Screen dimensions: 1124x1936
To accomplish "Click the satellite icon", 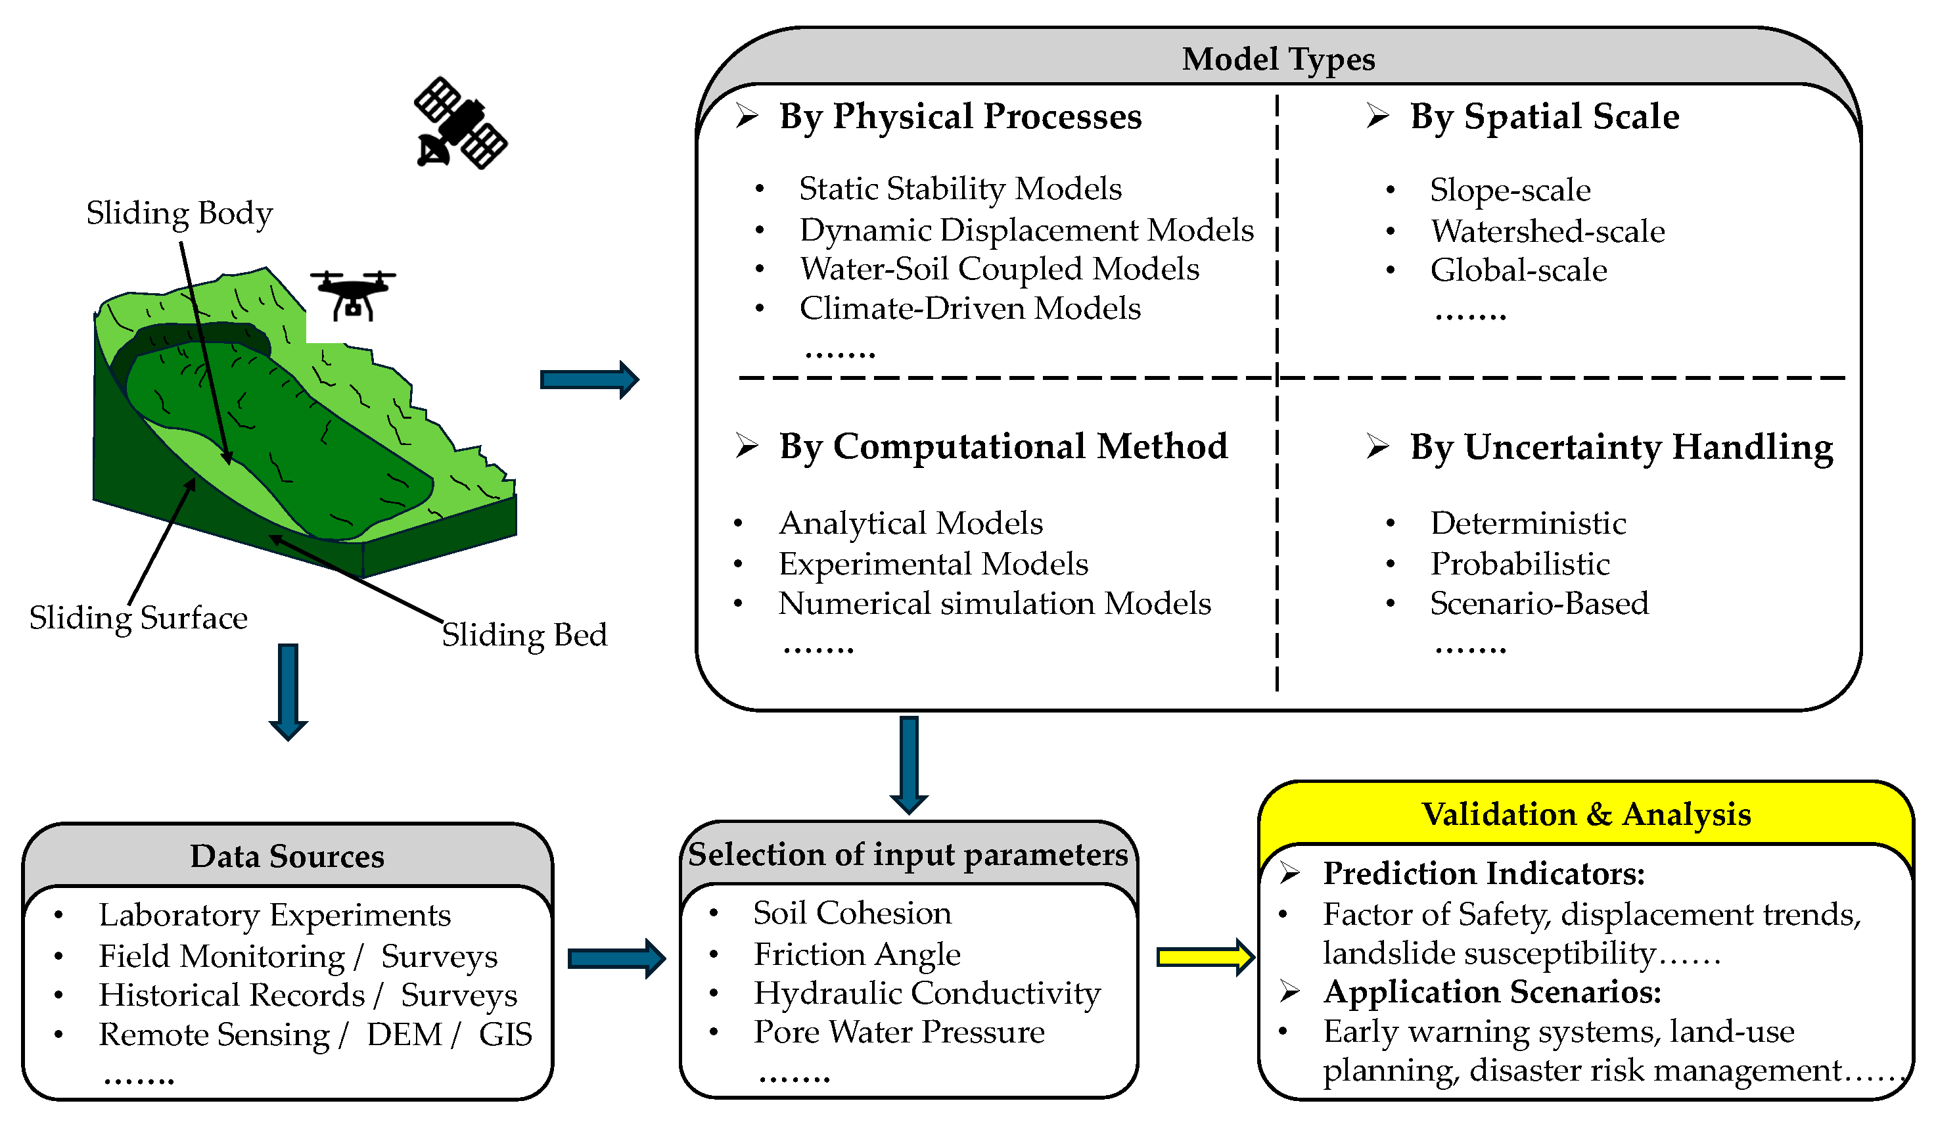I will click(x=460, y=123).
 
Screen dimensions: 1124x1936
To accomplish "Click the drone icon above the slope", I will click(x=353, y=294).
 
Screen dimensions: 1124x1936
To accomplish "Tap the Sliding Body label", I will click(x=179, y=213).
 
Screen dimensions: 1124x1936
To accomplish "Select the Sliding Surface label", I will click(x=138, y=618).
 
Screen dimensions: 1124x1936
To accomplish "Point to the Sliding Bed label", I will click(x=524, y=634).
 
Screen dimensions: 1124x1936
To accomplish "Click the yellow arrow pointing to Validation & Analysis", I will click(x=1205, y=956).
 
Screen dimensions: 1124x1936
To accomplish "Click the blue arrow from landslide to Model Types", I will click(x=588, y=379).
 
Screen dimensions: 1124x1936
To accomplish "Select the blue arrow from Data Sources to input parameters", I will click(x=615, y=958).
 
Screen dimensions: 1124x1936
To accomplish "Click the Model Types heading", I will click(x=1278, y=59).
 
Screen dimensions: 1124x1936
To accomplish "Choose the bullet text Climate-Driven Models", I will click(x=969, y=308).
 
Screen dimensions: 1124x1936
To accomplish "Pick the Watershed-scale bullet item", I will click(x=1547, y=231).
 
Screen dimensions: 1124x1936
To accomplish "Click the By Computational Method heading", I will click(x=1003, y=446).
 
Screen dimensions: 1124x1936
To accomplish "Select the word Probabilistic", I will click(x=1519, y=564).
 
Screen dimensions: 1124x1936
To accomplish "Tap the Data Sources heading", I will click(x=287, y=856).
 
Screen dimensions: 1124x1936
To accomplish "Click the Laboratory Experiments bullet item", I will click(x=274, y=915).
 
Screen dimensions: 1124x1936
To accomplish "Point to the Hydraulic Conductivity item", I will click(x=927, y=993).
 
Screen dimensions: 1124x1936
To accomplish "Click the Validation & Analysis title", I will click(x=1586, y=814).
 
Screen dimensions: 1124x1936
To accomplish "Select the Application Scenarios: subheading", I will click(x=1491, y=992).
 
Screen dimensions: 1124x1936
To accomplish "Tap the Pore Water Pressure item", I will click(x=898, y=1032).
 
